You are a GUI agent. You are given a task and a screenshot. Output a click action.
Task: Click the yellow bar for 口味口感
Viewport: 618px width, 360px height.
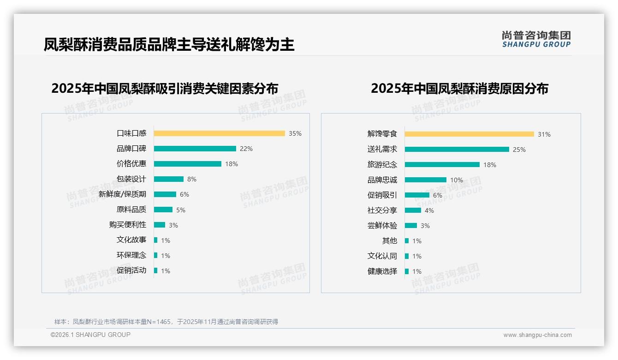click(219, 133)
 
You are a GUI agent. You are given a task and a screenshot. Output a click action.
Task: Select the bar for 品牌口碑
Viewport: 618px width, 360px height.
click(195, 149)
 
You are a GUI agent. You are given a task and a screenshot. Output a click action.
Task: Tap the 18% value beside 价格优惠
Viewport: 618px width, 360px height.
click(232, 164)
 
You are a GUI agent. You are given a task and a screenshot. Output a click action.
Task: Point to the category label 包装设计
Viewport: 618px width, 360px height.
click(131, 179)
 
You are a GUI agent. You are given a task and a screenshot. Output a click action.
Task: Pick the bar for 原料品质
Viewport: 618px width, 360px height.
click(163, 210)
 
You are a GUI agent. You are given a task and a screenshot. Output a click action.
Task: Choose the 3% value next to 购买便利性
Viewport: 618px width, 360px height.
click(173, 225)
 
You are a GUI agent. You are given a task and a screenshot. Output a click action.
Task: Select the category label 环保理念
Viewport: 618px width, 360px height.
click(131, 255)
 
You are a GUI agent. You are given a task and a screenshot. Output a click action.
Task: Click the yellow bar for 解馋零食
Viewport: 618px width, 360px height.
click(469, 134)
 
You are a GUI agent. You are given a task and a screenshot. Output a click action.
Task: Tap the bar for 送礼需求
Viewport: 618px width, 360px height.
click(457, 150)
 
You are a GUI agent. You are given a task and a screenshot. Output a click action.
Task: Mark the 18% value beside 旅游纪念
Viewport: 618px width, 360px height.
click(490, 165)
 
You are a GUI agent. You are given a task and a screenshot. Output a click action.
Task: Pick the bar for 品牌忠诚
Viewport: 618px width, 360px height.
click(425, 180)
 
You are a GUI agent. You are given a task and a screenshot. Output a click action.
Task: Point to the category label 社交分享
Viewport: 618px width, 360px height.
click(382, 210)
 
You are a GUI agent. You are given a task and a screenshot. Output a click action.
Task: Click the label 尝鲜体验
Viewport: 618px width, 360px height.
click(382, 226)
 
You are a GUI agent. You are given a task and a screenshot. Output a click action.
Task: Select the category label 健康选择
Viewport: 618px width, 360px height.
click(382, 271)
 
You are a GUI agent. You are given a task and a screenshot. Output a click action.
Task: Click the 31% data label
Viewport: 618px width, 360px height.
click(544, 134)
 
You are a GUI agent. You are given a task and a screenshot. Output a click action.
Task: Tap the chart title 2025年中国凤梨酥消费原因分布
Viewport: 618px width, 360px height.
click(459, 89)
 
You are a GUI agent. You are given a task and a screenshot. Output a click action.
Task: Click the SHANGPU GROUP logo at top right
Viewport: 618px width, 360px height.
click(536, 39)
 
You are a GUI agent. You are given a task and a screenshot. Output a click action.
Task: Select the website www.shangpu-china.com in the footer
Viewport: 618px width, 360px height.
click(537, 335)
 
